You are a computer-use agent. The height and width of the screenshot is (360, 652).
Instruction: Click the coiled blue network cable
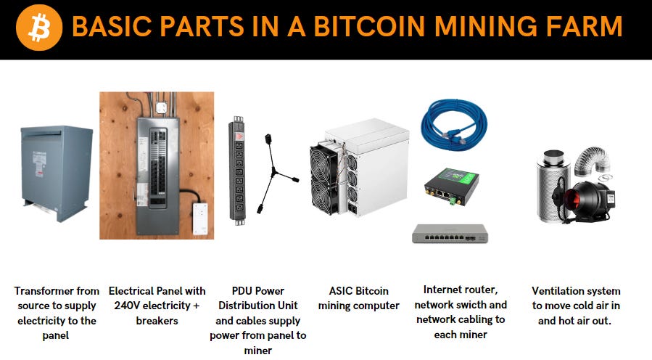coord(455,123)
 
